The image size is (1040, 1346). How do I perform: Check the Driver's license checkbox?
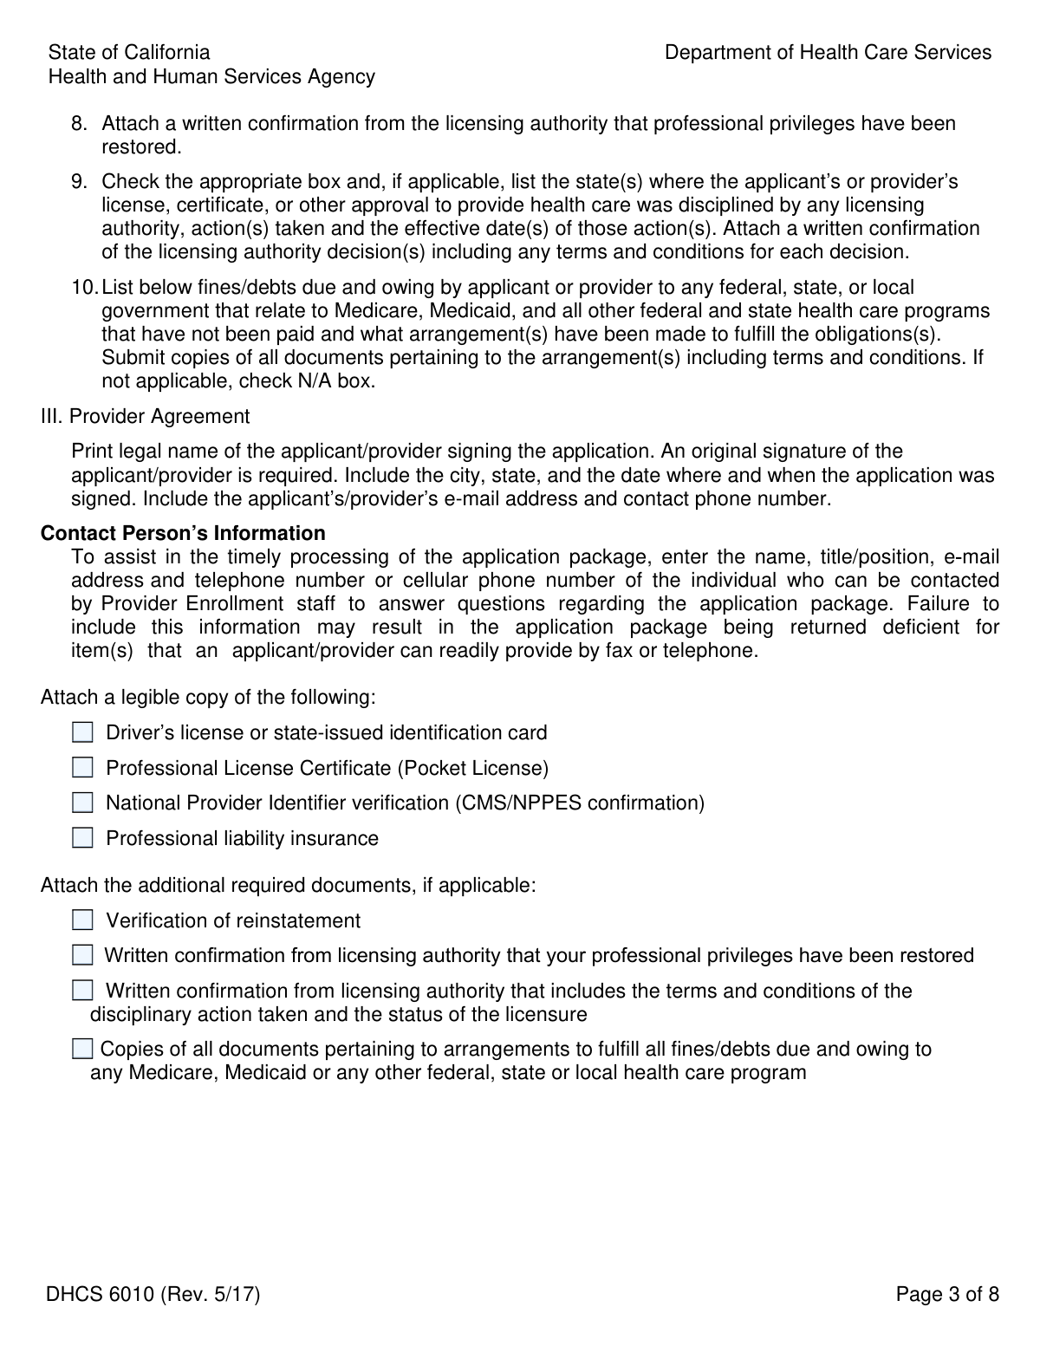click(82, 733)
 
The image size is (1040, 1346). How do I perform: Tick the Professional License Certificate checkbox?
click(82, 768)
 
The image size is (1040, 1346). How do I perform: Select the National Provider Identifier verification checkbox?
click(82, 803)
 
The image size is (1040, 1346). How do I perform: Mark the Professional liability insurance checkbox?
click(82, 838)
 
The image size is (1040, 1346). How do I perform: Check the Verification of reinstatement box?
click(82, 920)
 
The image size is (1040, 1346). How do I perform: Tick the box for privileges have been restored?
click(82, 955)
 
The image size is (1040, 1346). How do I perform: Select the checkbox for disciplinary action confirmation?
click(82, 991)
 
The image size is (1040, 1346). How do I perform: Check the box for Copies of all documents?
click(82, 1050)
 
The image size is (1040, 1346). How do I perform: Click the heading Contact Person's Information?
click(183, 533)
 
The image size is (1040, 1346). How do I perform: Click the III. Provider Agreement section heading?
click(145, 417)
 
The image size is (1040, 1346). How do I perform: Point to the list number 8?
click(79, 124)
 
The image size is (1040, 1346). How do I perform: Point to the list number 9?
click(79, 182)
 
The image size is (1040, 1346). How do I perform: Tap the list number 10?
click(84, 287)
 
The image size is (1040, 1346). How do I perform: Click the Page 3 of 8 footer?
click(947, 1295)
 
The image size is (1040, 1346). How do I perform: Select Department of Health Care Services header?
click(828, 53)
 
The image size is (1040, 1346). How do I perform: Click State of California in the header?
click(129, 53)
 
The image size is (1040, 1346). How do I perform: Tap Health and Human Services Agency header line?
click(211, 77)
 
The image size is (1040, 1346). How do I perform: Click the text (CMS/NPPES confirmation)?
click(579, 803)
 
